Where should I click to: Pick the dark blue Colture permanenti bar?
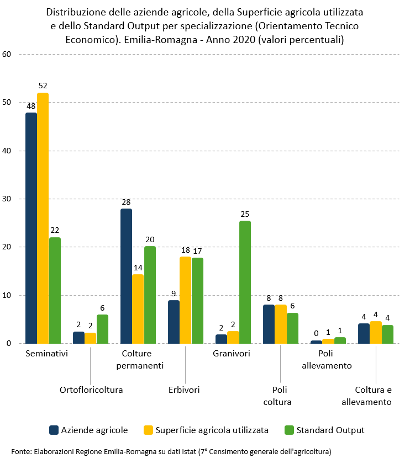(126, 276)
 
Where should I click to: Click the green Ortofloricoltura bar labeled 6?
(102, 329)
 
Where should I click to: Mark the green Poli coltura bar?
(292, 328)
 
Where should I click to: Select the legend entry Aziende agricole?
(94, 430)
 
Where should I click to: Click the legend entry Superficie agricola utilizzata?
(212, 430)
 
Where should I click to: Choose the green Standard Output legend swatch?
(288, 430)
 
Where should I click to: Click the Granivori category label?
(232, 354)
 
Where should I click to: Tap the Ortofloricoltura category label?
(91, 390)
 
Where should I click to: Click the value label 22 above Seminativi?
(55, 230)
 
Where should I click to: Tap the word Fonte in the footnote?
(20, 451)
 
